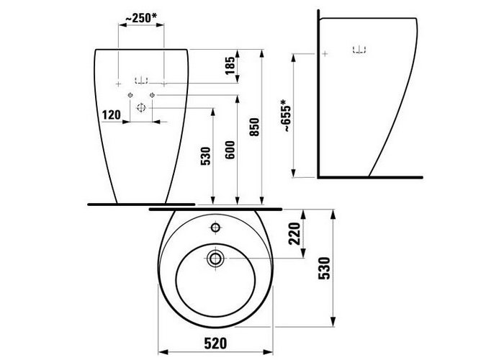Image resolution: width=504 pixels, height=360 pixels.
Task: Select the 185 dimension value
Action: click(230, 66)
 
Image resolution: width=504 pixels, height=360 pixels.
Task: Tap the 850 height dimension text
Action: click(254, 127)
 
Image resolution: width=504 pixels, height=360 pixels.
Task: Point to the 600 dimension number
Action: click(230, 150)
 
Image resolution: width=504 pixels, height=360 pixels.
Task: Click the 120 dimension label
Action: click(111, 114)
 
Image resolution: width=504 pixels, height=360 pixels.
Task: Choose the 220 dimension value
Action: click(294, 234)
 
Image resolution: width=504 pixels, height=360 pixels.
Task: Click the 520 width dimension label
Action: click(215, 343)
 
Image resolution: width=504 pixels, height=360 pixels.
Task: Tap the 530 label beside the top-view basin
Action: click(324, 269)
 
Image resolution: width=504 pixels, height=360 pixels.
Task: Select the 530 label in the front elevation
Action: click(205, 156)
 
